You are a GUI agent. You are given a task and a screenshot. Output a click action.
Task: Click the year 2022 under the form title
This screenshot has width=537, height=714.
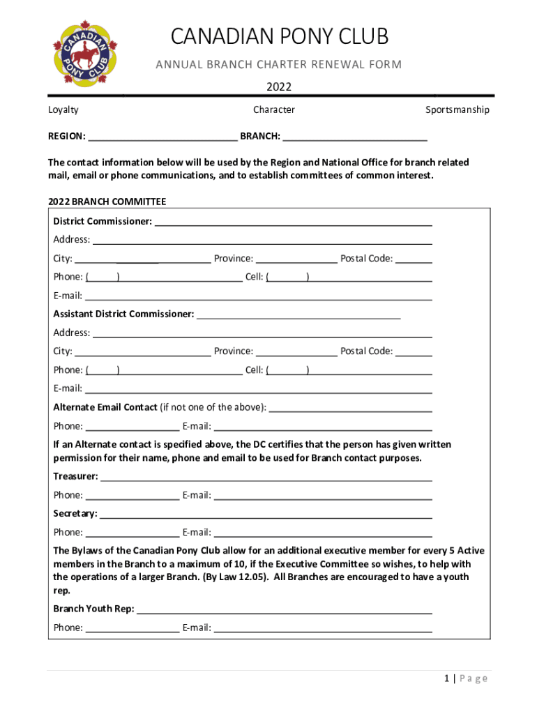click(x=279, y=87)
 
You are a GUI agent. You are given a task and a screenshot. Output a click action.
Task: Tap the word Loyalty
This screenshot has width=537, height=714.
click(x=63, y=109)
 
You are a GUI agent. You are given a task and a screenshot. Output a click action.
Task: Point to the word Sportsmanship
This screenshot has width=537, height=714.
click(x=457, y=109)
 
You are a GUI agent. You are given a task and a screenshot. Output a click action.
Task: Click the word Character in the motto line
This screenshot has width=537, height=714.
click(x=274, y=109)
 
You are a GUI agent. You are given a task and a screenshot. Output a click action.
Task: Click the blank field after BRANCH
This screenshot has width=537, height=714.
click(x=355, y=136)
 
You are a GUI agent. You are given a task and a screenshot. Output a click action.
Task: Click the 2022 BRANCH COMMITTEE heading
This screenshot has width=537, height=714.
click(x=107, y=202)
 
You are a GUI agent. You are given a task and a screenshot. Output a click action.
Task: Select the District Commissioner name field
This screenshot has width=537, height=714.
click(x=293, y=222)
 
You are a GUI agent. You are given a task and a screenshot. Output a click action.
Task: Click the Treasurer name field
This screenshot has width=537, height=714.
click(x=266, y=477)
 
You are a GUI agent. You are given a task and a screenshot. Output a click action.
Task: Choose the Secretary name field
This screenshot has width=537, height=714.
click(x=266, y=514)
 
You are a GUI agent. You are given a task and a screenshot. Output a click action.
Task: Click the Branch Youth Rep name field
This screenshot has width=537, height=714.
click(x=285, y=609)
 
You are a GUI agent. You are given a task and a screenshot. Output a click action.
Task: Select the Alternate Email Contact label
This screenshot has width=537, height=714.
click(x=105, y=407)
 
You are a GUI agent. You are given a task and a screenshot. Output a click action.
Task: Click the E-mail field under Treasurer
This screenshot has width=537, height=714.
click(x=322, y=496)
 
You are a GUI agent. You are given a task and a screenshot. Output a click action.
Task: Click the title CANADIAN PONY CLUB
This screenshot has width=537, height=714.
click(x=279, y=36)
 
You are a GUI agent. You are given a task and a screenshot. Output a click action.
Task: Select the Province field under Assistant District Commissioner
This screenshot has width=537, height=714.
click(x=296, y=351)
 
